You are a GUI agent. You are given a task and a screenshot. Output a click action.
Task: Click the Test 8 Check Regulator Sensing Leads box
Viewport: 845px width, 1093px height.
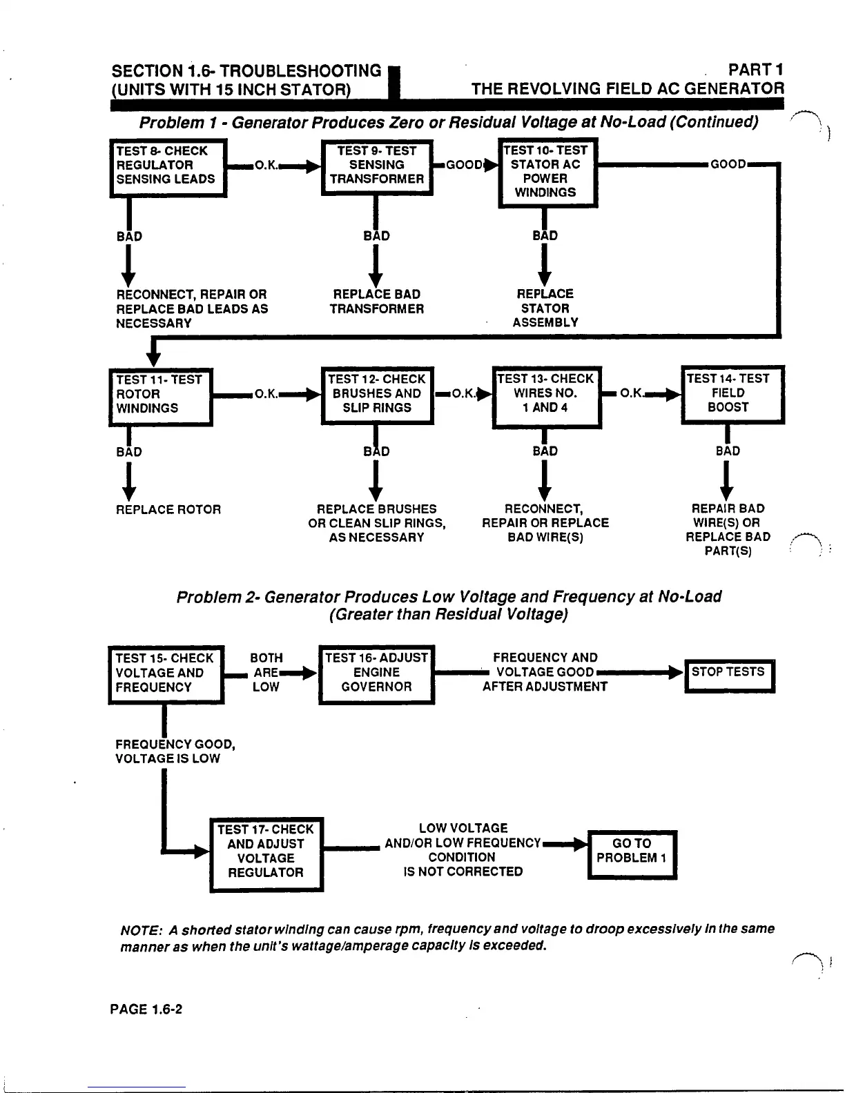tap(168, 168)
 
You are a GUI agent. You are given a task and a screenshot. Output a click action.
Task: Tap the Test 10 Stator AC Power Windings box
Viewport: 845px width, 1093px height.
tap(547, 172)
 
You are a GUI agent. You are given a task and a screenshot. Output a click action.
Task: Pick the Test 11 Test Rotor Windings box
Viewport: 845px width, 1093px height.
tap(161, 396)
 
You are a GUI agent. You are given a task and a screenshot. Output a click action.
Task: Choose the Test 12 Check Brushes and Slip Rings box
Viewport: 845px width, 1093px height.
tap(377, 395)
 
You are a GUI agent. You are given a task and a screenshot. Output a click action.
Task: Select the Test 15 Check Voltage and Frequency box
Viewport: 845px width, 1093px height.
tap(166, 673)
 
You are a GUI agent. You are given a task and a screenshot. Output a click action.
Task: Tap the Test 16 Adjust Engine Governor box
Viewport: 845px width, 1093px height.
tap(376, 673)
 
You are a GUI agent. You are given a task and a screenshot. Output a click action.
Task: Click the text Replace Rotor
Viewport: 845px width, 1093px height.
tap(168, 510)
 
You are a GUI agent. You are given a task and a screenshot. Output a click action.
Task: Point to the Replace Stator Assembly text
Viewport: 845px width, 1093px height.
tap(545, 308)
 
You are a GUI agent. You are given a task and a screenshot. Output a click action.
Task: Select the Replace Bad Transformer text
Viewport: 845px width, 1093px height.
tap(376, 302)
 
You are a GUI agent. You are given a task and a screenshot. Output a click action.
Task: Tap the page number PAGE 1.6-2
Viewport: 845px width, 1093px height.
tap(146, 1010)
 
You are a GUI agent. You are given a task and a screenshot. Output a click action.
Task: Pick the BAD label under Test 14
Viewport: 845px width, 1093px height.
tap(728, 451)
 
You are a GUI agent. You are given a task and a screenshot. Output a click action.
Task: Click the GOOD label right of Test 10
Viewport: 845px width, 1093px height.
tap(728, 164)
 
